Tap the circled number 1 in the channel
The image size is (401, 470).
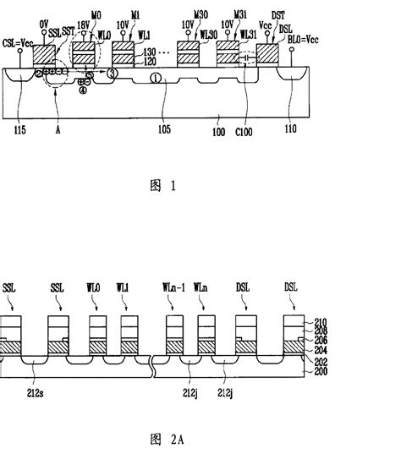click(x=155, y=78)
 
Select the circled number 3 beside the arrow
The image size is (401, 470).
click(x=110, y=74)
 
